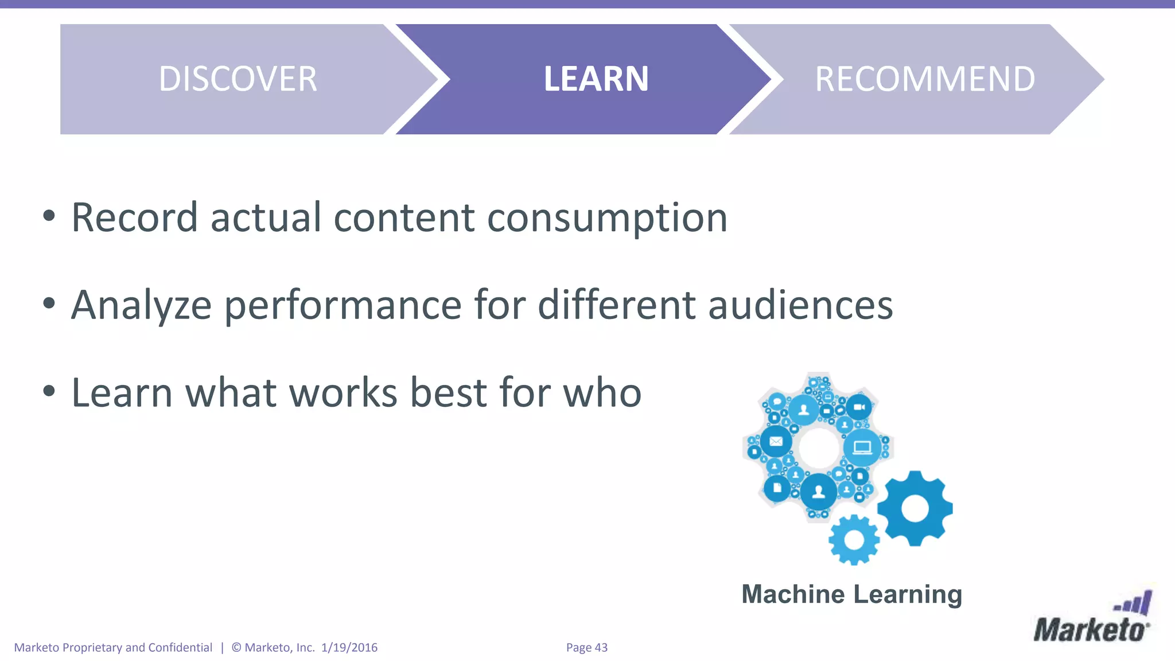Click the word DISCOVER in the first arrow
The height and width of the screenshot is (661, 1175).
click(x=238, y=79)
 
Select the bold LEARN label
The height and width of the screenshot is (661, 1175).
click(x=596, y=79)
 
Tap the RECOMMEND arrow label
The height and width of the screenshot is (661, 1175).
click(x=925, y=79)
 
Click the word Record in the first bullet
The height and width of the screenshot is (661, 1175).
click(x=134, y=218)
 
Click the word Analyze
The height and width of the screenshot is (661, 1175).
click(x=141, y=306)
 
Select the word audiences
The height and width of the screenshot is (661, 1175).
click(x=800, y=305)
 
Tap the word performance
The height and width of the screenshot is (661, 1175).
click(x=343, y=306)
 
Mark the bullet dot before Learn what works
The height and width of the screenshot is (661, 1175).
click(x=49, y=391)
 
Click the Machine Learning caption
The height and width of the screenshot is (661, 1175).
click(x=851, y=594)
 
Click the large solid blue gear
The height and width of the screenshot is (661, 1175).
click(x=915, y=508)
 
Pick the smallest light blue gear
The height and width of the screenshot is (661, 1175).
click(x=854, y=540)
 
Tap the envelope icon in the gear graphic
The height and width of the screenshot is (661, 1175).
click(x=776, y=441)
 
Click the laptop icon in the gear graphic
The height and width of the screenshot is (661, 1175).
click(x=862, y=447)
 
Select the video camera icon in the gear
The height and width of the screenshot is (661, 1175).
click(x=859, y=407)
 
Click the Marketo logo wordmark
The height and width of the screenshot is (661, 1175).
click(x=1089, y=630)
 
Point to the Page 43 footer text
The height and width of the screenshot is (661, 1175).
click(x=586, y=648)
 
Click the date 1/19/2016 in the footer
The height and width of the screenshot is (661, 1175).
click(x=349, y=648)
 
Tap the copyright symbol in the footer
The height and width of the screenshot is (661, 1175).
click(x=236, y=648)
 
